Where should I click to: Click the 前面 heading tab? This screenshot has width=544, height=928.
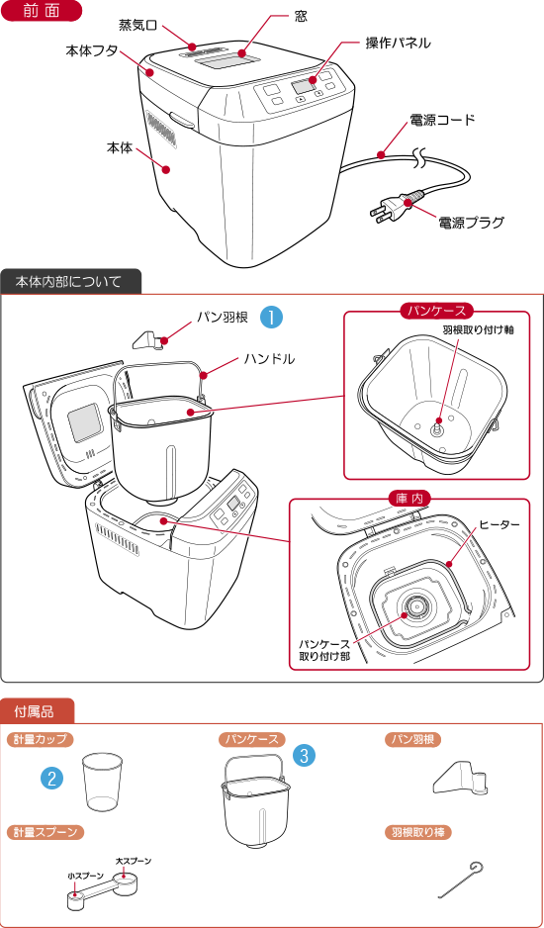[x=41, y=12]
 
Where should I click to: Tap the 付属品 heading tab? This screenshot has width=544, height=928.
[x=36, y=711]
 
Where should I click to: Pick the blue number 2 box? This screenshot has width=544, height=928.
[x=51, y=778]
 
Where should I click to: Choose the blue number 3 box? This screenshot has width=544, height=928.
[x=305, y=756]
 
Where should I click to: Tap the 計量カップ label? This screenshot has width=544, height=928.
[x=41, y=739]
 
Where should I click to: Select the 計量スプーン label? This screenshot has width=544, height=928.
[x=45, y=832]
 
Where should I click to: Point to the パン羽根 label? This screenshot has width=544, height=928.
[x=412, y=739]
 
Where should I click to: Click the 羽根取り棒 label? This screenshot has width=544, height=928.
[x=417, y=832]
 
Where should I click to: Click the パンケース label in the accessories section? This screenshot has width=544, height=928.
[x=251, y=739]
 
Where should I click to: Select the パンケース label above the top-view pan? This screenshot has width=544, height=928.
[x=437, y=311]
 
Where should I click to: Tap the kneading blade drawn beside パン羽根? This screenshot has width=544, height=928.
[x=461, y=780]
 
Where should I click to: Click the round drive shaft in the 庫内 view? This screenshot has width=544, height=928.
[x=416, y=606]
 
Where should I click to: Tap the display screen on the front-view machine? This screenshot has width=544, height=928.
[x=303, y=90]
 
